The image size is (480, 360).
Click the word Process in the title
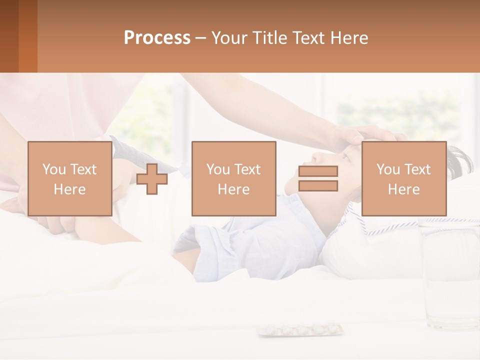point(157,38)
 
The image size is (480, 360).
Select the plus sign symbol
point(152,178)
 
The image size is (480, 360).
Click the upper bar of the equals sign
point(318,171)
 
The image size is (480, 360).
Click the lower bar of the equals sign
point(318,185)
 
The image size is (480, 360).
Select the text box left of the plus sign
point(69,178)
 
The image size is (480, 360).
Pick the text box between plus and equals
point(233,178)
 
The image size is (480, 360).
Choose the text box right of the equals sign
point(403,178)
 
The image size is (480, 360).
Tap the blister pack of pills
point(300,329)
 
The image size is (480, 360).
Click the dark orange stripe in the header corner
point(27,36)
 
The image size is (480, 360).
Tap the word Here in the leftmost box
point(69,189)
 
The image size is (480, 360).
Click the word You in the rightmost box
point(388,169)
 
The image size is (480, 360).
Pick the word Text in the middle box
point(247,169)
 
